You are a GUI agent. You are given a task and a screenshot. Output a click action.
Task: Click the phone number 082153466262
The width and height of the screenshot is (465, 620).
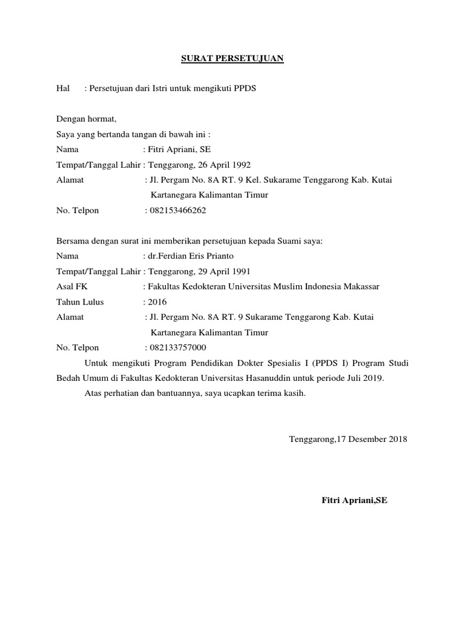tap(177, 211)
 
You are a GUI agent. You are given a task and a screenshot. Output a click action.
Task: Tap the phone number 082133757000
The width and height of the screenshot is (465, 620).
tap(177, 348)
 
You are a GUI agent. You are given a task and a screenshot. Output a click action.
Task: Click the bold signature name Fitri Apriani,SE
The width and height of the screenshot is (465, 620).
tap(354, 501)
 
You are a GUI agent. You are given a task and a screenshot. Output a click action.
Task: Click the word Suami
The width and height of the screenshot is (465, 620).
tap(291, 240)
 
